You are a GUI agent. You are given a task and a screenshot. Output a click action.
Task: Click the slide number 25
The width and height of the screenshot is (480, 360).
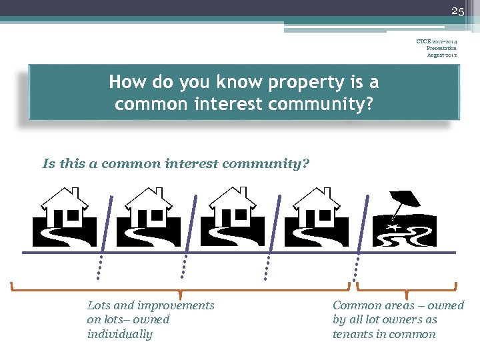pos(457,11)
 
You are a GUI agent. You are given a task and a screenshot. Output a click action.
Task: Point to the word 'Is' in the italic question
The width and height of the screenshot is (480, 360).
pos(48,163)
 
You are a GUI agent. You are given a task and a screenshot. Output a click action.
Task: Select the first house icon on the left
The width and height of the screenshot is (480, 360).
pos(65,216)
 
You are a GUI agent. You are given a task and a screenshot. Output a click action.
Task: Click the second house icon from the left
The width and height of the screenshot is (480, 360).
pos(148,216)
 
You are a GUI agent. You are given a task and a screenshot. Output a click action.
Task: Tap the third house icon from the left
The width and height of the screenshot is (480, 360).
pos(232,216)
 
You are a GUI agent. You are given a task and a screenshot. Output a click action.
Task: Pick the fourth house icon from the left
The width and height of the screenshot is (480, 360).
pos(316,216)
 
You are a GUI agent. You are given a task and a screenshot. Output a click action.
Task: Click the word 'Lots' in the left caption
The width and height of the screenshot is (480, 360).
pos(99,305)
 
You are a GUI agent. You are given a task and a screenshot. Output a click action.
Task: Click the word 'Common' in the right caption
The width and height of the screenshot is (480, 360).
pos(355,305)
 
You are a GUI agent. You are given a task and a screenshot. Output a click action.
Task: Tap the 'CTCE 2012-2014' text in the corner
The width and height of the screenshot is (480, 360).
pos(437,42)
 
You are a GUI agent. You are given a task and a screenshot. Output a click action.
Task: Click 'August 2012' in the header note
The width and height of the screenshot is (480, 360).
pos(441,55)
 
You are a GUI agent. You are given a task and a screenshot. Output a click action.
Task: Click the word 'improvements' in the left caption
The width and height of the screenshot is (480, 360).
pos(175,305)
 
